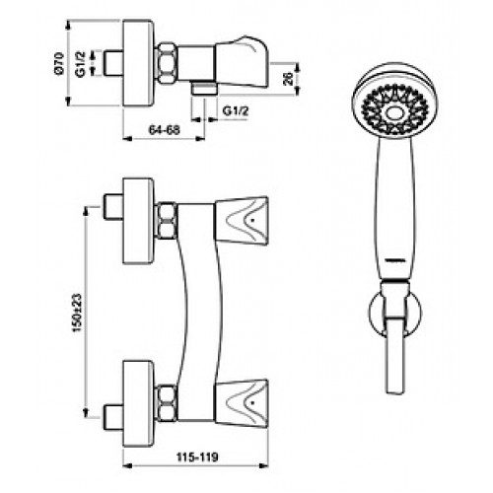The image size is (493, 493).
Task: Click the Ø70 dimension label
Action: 60,63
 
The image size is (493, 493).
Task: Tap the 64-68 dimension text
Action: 165,130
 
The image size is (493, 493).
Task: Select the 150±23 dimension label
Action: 77,313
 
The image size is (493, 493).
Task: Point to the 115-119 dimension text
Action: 197,457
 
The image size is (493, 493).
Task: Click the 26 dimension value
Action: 288,79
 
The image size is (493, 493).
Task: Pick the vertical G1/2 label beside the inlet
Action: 80,64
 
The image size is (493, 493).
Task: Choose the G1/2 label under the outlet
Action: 236,110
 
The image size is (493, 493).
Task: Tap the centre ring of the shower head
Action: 394,113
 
